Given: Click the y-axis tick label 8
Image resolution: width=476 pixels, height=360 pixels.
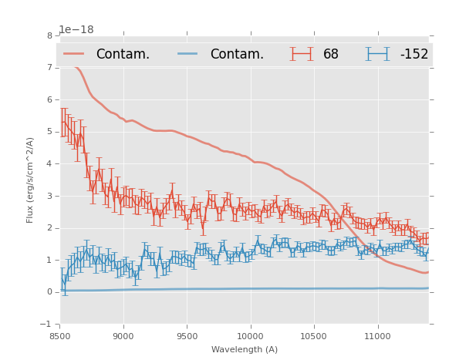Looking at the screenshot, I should point(49,35).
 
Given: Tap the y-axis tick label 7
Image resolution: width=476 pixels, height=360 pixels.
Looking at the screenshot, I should point(49,68).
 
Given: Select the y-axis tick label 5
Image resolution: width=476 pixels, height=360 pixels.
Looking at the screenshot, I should point(49,132).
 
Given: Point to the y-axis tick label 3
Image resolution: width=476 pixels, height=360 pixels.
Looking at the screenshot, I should point(49,196).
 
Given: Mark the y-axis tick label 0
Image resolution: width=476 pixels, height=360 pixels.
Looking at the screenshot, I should point(49,292).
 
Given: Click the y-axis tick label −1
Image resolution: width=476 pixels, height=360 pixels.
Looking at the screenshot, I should point(48,325).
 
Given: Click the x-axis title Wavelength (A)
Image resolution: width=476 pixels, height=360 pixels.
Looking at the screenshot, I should point(245,350).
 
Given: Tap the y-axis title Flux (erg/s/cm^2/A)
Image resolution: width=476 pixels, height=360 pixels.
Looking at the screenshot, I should point(31,180).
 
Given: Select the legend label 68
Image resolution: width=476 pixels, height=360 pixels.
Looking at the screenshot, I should point(331,54).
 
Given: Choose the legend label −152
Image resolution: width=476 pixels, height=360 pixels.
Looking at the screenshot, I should point(414,54).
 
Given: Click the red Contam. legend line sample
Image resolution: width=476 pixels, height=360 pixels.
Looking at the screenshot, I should point(75,54).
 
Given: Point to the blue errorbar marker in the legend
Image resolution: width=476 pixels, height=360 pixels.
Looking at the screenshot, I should point(378,54).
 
